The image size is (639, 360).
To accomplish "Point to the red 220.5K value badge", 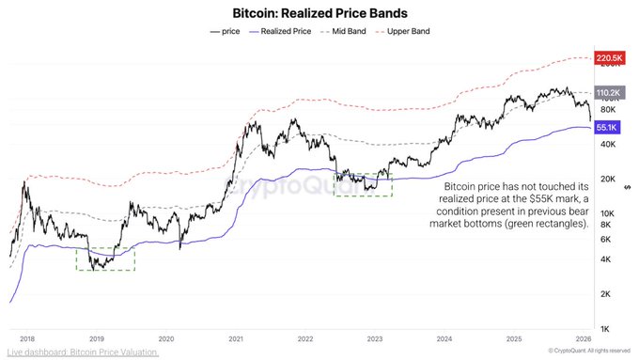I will (611, 58).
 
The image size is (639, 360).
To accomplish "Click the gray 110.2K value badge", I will (611, 93).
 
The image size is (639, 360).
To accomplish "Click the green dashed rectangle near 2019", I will (105, 258).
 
